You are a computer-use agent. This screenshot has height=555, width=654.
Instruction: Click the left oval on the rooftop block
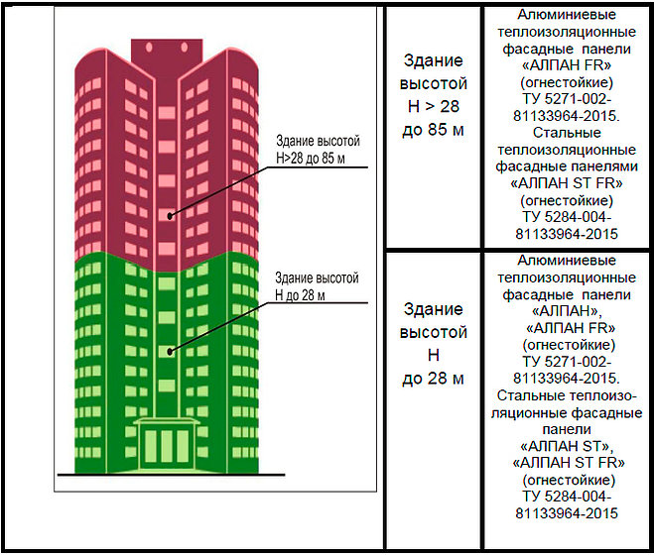(149, 48)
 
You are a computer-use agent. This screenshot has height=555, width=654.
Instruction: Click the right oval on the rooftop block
(185, 48)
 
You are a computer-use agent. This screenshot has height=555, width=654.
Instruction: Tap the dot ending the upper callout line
(170, 216)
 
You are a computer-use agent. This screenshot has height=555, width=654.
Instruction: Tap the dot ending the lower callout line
(170, 352)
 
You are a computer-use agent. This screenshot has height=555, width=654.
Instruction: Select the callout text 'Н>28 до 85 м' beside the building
(311, 159)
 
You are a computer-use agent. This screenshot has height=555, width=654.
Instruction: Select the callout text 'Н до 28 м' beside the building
(300, 295)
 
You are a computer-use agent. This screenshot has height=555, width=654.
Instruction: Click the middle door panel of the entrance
(167, 446)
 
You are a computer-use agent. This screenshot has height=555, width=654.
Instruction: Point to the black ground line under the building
(171, 475)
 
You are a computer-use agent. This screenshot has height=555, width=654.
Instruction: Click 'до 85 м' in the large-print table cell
(433, 130)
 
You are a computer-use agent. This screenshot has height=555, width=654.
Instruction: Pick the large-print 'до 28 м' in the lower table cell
(433, 379)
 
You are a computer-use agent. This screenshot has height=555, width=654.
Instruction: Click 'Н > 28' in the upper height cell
(434, 106)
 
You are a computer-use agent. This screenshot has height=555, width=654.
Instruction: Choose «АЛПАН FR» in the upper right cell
(567, 65)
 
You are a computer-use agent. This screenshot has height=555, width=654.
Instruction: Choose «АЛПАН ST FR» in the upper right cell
(567, 183)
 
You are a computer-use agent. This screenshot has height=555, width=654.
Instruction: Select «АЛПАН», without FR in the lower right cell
(567, 311)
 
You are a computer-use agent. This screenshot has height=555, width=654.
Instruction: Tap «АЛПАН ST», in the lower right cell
(567, 446)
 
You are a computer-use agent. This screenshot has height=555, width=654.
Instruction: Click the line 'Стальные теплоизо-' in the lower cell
(567, 395)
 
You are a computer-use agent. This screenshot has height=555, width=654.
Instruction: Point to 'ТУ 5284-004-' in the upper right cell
(567, 217)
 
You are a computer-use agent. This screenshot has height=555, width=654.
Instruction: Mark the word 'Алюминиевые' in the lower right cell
(567, 261)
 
